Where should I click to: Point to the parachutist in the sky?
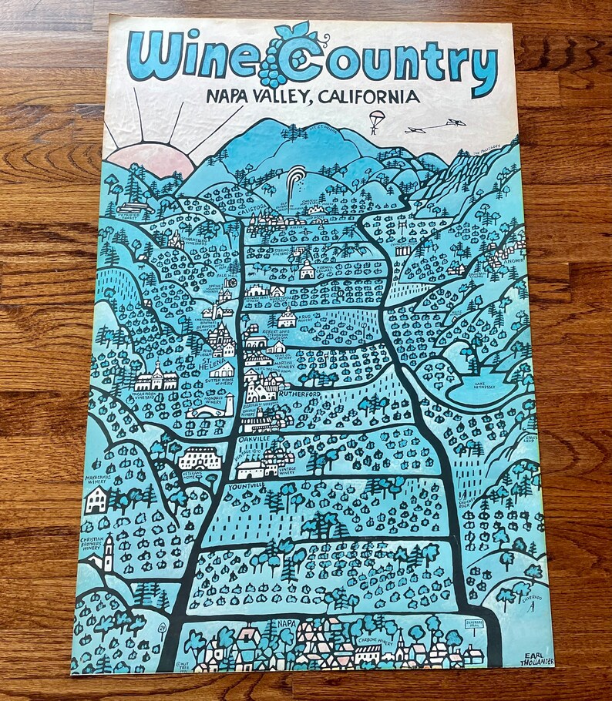(375, 121)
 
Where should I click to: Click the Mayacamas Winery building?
(96, 501)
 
